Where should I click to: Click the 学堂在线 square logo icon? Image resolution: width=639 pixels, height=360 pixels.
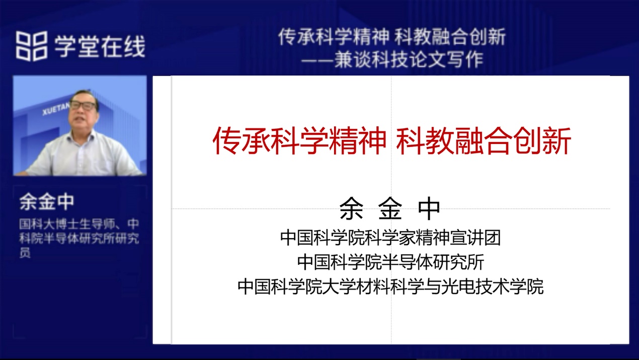[x=32, y=46]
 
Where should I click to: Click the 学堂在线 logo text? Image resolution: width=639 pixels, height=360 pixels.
[x=100, y=46]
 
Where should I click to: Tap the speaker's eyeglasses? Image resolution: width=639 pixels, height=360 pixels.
[x=83, y=106]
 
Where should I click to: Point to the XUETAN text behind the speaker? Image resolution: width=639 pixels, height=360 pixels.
[x=56, y=110]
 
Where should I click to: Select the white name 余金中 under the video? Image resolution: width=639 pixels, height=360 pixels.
[x=47, y=201]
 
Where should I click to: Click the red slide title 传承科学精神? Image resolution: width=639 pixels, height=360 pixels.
[x=299, y=140]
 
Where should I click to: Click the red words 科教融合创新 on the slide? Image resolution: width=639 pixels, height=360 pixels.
[x=484, y=140]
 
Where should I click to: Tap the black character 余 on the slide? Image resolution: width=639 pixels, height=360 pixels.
[x=351, y=208]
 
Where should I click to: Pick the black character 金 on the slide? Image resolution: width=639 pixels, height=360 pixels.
[x=390, y=208]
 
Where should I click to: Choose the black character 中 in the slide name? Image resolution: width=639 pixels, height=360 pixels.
[x=429, y=208]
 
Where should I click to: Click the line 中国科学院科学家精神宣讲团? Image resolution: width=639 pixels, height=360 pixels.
[x=390, y=238]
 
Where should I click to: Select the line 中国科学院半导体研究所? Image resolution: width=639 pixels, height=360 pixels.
[x=390, y=262]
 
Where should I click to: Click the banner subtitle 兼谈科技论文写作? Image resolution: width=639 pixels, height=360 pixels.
[x=409, y=60]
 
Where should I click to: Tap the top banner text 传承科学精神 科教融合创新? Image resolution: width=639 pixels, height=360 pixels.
[x=391, y=37]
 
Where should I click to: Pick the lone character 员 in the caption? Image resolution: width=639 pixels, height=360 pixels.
[x=25, y=252]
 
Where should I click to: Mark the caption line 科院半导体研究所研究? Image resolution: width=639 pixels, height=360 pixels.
[x=79, y=238]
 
